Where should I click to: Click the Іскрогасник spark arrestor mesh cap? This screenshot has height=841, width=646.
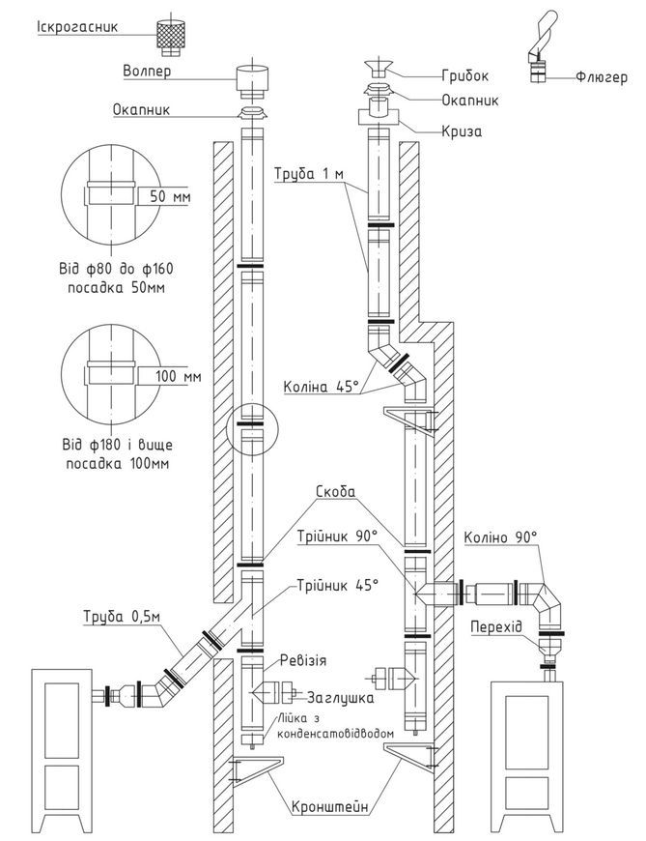171,39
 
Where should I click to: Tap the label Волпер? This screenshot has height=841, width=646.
147,71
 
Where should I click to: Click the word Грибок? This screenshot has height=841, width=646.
465,75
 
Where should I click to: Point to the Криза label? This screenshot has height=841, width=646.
462,130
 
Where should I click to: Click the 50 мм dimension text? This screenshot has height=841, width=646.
170,196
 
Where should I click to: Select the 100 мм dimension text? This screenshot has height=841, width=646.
179,376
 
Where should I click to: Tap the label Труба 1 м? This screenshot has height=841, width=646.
309,174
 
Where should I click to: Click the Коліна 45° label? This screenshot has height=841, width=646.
321,387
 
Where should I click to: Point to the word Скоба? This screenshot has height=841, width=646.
336,491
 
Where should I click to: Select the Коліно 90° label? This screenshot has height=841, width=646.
500,536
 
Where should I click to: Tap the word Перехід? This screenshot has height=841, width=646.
496,626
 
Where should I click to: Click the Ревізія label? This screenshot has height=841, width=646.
302,660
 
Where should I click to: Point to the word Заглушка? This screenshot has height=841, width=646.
340,698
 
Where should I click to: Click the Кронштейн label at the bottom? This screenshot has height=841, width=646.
330,806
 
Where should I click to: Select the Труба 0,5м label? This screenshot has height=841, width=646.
122,617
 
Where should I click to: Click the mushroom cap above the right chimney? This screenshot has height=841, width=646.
379,69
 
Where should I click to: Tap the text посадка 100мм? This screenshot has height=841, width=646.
117,463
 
